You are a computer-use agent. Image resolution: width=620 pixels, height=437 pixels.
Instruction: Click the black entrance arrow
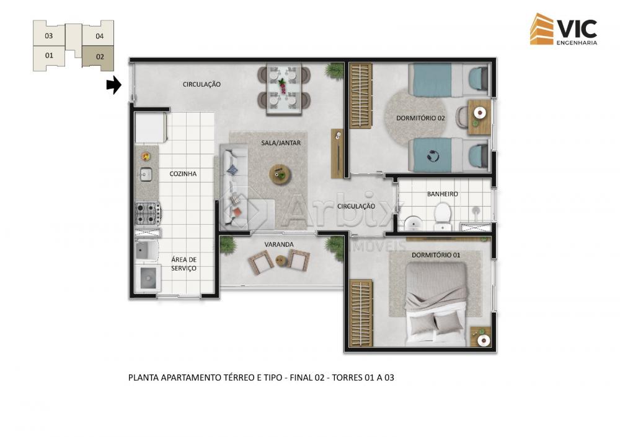click(x=114, y=84)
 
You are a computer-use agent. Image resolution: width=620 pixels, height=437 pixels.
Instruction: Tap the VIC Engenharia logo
click(x=564, y=29)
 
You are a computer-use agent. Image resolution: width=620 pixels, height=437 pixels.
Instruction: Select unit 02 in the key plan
click(x=99, y=57)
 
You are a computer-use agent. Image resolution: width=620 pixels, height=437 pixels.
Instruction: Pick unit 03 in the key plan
click(x=48, y=35)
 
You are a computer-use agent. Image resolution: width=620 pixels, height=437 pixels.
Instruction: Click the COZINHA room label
click(x=183, y=174)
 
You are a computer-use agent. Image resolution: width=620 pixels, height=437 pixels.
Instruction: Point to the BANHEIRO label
click(x=443, y=194)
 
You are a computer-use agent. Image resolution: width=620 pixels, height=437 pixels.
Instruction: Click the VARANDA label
click(x=279, y=244)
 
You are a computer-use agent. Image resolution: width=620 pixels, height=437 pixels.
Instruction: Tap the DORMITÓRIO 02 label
click(x=420, y=118)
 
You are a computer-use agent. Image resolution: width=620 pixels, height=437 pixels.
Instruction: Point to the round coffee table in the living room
click(x=280, y=174)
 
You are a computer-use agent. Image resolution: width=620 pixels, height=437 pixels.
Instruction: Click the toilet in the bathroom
click(x=442, y=216)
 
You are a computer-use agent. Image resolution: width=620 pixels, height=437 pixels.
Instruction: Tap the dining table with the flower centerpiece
click(x=283, y=89)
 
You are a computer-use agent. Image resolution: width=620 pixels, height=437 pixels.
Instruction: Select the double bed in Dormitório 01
click(x=436, y=303)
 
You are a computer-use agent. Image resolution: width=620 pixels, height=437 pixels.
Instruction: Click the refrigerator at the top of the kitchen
click(x=150, y=127)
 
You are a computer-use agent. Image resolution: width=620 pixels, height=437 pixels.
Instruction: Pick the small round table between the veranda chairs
click(x=281, y=261)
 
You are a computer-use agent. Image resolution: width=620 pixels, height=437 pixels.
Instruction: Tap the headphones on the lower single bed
click(x=433, y=155)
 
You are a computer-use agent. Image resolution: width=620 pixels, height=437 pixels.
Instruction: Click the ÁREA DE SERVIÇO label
click(x=184, y=264)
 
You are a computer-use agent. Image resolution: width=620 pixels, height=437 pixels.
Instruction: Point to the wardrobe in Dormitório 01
click(x=361, y=313)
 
